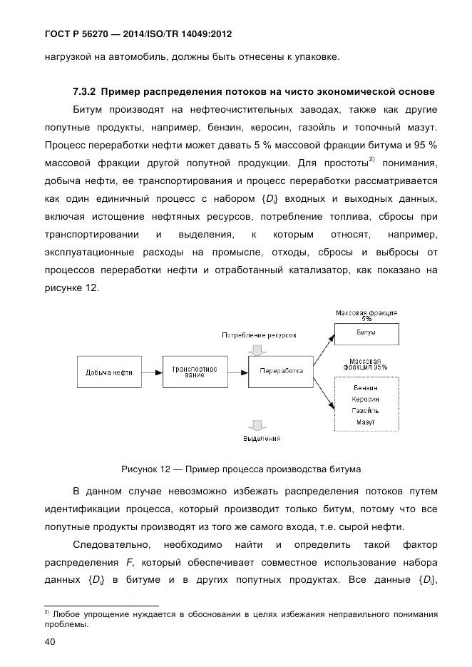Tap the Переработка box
point(281,371)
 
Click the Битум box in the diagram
point(366,333)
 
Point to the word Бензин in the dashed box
point(366,388)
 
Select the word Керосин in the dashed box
point(366,399)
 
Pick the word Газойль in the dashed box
point(366,411)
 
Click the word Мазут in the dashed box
point(366,422)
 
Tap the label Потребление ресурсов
point(258,335)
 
